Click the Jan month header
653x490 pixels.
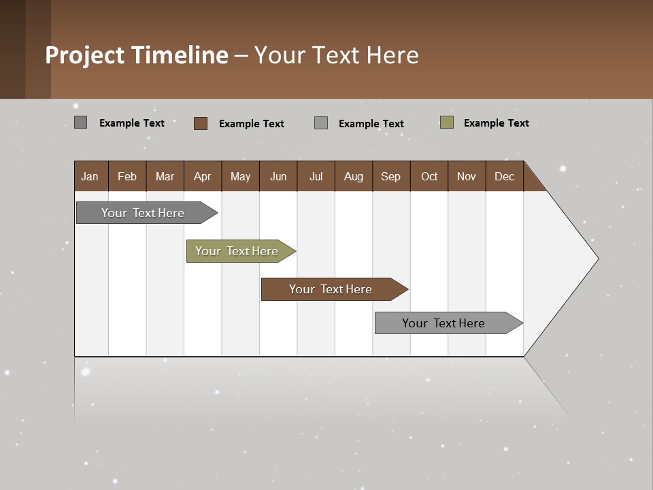[x=90, y=176]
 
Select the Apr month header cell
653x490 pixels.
[x=203, y=176]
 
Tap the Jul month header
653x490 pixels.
[x=316, y=176]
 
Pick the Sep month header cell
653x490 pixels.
[x=391, y=176]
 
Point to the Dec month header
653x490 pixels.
[x=504, y=176]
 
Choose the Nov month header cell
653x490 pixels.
[x=467, y=176]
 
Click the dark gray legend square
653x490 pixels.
[x=81, y=122]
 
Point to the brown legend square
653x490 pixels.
[x=201, y=123]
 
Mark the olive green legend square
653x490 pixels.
[x=447, y=122]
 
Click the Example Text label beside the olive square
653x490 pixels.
[x=496, y=123]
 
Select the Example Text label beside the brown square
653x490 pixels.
[x=251, y=124]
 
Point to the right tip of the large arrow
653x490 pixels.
[x=597, y=259]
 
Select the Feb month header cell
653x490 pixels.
[x=127, y=176]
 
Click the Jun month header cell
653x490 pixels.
[x=278, y=176]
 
